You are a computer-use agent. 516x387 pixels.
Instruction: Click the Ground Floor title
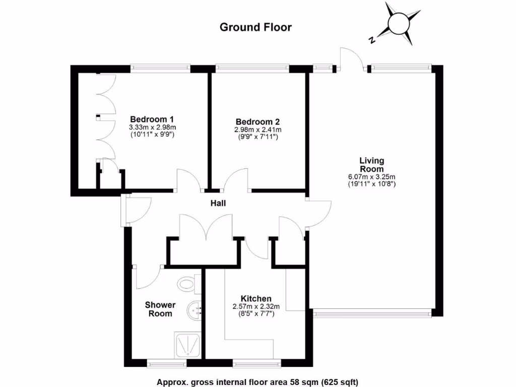coord(255,27)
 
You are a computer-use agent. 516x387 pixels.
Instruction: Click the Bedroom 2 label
coord(257,122)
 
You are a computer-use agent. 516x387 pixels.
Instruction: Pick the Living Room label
coord(371,165)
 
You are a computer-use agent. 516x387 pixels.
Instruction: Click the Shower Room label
coord(160,309)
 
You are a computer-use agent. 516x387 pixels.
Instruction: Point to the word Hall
coord(218,204)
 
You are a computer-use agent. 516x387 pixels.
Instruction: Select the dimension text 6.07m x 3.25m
coord(371,176)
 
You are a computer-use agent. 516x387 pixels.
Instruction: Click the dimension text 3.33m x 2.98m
coord(152,127)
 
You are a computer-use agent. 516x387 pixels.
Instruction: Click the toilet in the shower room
coord(187,283)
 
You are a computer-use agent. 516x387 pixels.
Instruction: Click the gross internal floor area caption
coord(257,382)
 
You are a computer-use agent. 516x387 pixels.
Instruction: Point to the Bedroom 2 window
coord(252,67)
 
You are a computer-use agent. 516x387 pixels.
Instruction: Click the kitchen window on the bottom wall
coord(256,362)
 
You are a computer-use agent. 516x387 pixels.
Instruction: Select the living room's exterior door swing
coord(351,58)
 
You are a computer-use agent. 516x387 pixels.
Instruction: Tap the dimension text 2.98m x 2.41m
coord(257,130)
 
